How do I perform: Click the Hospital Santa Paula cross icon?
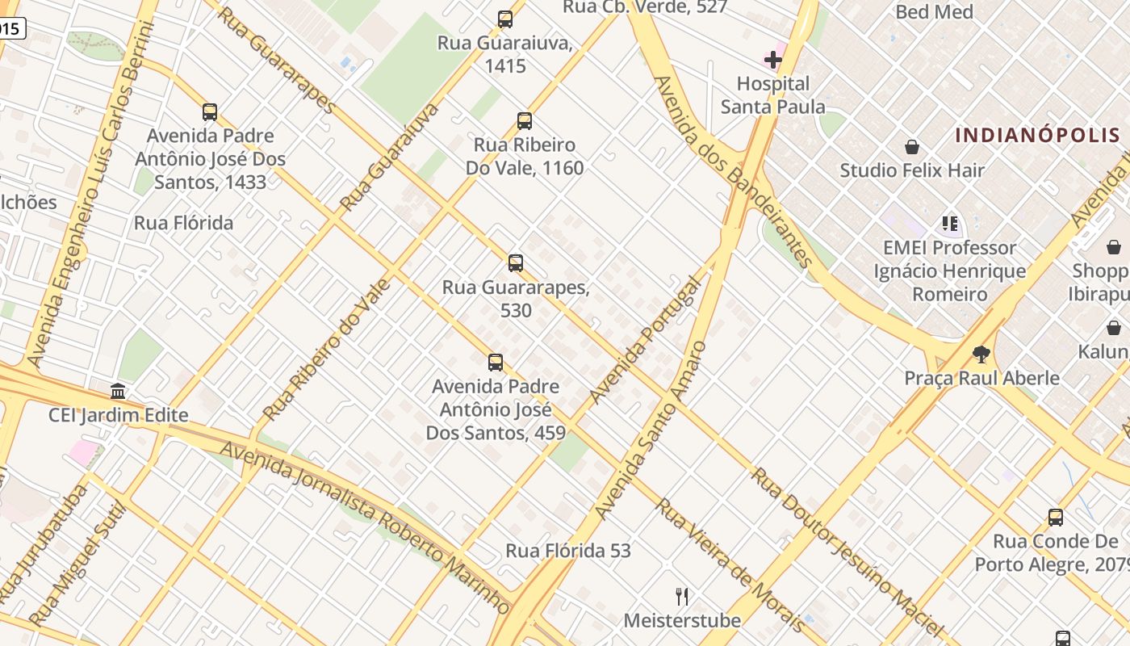[773, 60]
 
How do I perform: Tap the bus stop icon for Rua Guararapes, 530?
[516, 263]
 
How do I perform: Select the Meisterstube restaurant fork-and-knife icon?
[682, 597]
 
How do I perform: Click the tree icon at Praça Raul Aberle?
[981, 354]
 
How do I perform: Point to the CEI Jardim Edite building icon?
[118, 392]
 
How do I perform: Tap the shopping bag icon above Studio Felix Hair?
[912, 147]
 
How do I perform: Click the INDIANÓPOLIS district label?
[1038, 135]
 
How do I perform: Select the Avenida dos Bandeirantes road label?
[733, 171]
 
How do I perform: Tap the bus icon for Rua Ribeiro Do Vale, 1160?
[525, 121]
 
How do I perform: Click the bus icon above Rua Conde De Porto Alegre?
[1055, 518]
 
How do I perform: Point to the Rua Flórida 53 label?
[568, 551]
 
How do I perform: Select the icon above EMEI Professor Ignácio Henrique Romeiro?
[949, 224]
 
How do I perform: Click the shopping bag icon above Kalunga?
[1113, 328]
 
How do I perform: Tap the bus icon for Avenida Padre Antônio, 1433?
[210, 112]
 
